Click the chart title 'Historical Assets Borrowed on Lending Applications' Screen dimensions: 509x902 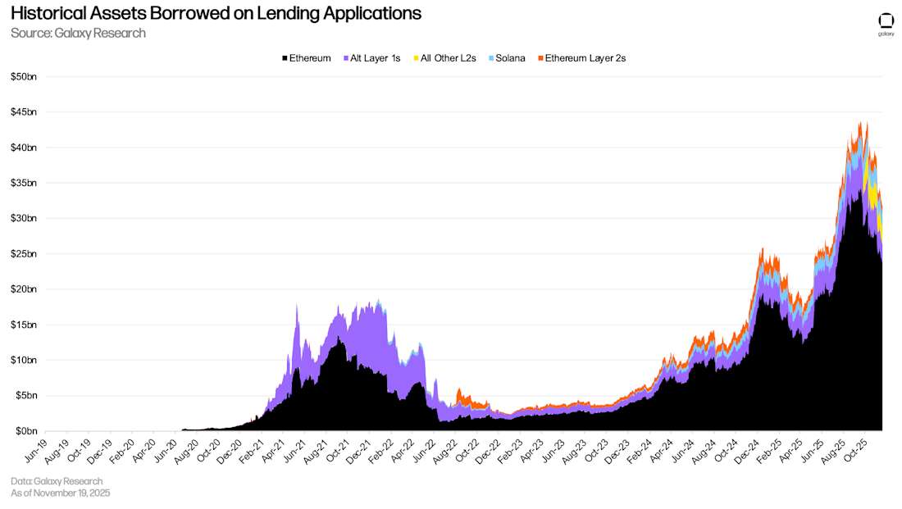[x=216, y=13]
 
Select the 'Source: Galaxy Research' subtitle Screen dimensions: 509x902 [x=78, y=33]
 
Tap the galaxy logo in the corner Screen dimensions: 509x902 [x=886, y=24]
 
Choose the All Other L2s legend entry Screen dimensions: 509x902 [x=444, y=58]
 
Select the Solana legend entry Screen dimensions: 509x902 [x=506, y=58]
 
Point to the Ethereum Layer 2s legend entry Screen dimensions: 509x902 [x=581, y=58]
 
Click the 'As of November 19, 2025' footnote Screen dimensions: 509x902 [x=60, y=493]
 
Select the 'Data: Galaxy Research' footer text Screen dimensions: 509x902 [x=57, y=481]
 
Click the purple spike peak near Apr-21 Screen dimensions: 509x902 [x=296, y=306]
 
